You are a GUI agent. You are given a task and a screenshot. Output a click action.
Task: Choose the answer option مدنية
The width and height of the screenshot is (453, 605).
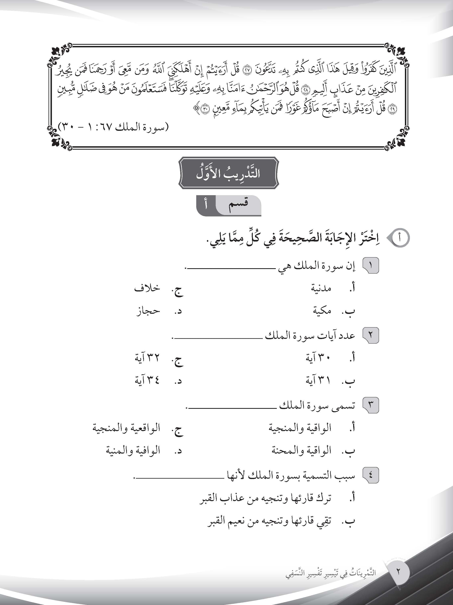pyautogui.click(x=321, y=288)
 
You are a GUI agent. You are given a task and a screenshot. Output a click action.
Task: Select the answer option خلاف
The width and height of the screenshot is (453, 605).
pyautogui.click(x=147, y=288)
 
